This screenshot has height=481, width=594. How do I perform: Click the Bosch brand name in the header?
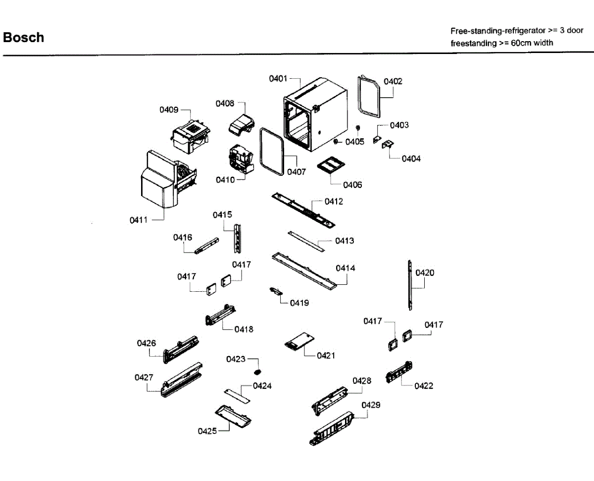(x=23, y=38)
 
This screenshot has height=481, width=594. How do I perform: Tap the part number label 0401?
(x=278, y=79)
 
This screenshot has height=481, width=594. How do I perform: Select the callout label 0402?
(x=393, y=82)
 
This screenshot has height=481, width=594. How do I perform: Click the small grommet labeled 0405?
(x=358, y=128)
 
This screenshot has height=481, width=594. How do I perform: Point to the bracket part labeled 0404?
(x=388, y=144)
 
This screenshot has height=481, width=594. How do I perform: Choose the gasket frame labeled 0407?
(x=272, y=151)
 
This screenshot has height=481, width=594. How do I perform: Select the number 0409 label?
(x=169, y=110)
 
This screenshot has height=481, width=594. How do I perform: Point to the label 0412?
(x=334, y=202)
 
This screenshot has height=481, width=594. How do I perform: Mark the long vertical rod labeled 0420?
(x=410, y=285)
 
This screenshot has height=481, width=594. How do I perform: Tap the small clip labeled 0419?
(x=275, y=291)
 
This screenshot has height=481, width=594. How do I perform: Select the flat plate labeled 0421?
(x=299, y=342)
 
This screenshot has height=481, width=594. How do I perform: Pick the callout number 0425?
(x=207, y=431)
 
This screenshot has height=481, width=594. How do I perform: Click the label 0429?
(x=371, y=405)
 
